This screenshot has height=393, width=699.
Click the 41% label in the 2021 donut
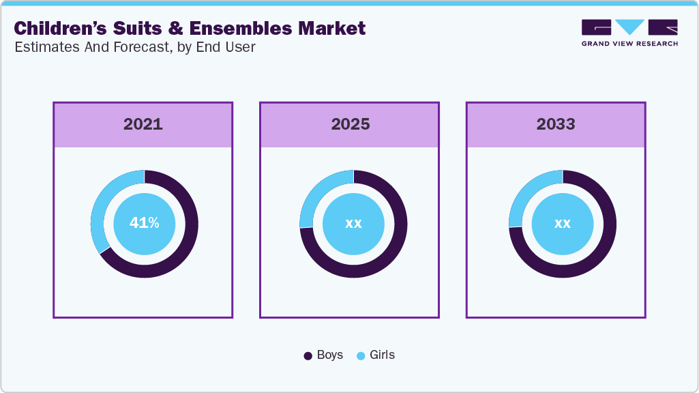point(144,223)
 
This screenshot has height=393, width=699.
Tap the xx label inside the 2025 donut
point(353,223)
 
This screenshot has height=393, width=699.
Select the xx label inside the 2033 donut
point(562,223)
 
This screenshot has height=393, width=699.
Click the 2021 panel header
point(143,124)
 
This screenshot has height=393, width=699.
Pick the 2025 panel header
point(350,124)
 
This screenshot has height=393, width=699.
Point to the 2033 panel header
point(556,124)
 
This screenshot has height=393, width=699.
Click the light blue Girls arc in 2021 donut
point(100,205)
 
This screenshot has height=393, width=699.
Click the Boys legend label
point(330,355)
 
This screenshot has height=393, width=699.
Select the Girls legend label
point(382,355)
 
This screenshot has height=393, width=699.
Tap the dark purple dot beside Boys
point(308,356)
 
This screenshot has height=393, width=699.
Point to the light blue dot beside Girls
point(361,356)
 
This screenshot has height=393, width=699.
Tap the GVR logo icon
point(629,27)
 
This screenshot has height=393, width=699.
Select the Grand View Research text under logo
point(629,44)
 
